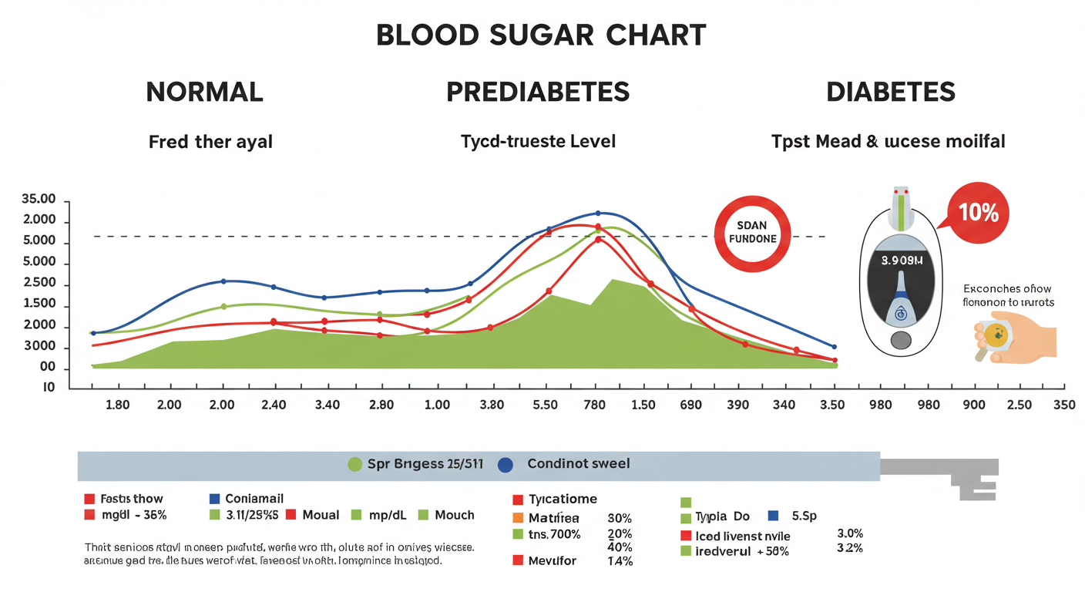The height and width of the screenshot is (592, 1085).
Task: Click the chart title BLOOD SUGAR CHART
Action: (x=541, y=35)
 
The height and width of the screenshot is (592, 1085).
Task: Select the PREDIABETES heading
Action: (x=538, y=92)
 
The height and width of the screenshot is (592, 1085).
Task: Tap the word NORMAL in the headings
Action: (x=204, y=92)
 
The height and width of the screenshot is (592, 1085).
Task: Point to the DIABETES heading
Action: (x=891, y=92)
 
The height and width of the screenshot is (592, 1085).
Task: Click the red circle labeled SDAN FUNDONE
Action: (x=752, y=232)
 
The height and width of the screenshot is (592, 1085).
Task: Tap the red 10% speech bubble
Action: (x=979, y=213)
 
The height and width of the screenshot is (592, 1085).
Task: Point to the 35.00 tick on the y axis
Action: (x=39, y=200)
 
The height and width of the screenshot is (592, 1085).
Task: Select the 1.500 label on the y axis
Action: (x=39, y=304)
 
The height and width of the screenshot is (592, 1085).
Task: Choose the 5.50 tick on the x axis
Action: (x=545, y=405)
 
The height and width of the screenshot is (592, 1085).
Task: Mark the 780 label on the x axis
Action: (x=594, y=405)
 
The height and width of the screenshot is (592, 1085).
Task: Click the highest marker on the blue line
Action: (x=598, y=214)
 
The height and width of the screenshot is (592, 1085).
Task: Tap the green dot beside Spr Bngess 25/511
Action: (x=354, y=464)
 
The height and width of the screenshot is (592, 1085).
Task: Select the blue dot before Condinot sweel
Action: (x=506, y=464)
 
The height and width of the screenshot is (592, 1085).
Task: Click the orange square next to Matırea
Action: (x=518, y=518)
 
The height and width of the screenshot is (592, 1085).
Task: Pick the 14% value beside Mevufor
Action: (x=620, y=561)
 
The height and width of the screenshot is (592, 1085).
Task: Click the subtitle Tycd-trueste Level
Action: (x=538, y=142)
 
